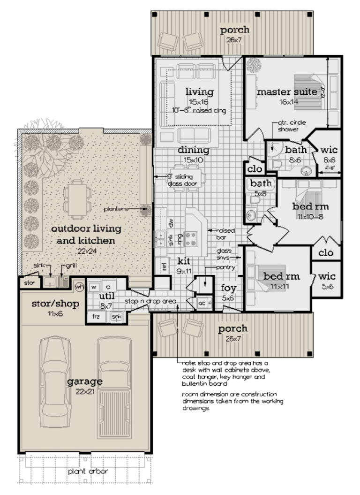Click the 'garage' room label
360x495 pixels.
point(84,381)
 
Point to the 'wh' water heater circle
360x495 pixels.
point(79,286)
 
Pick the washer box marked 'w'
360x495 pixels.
point(94,286)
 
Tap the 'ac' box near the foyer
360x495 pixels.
point(202,302)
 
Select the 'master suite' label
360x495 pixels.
point(287,92)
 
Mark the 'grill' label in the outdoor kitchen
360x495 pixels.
point(71,266)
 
